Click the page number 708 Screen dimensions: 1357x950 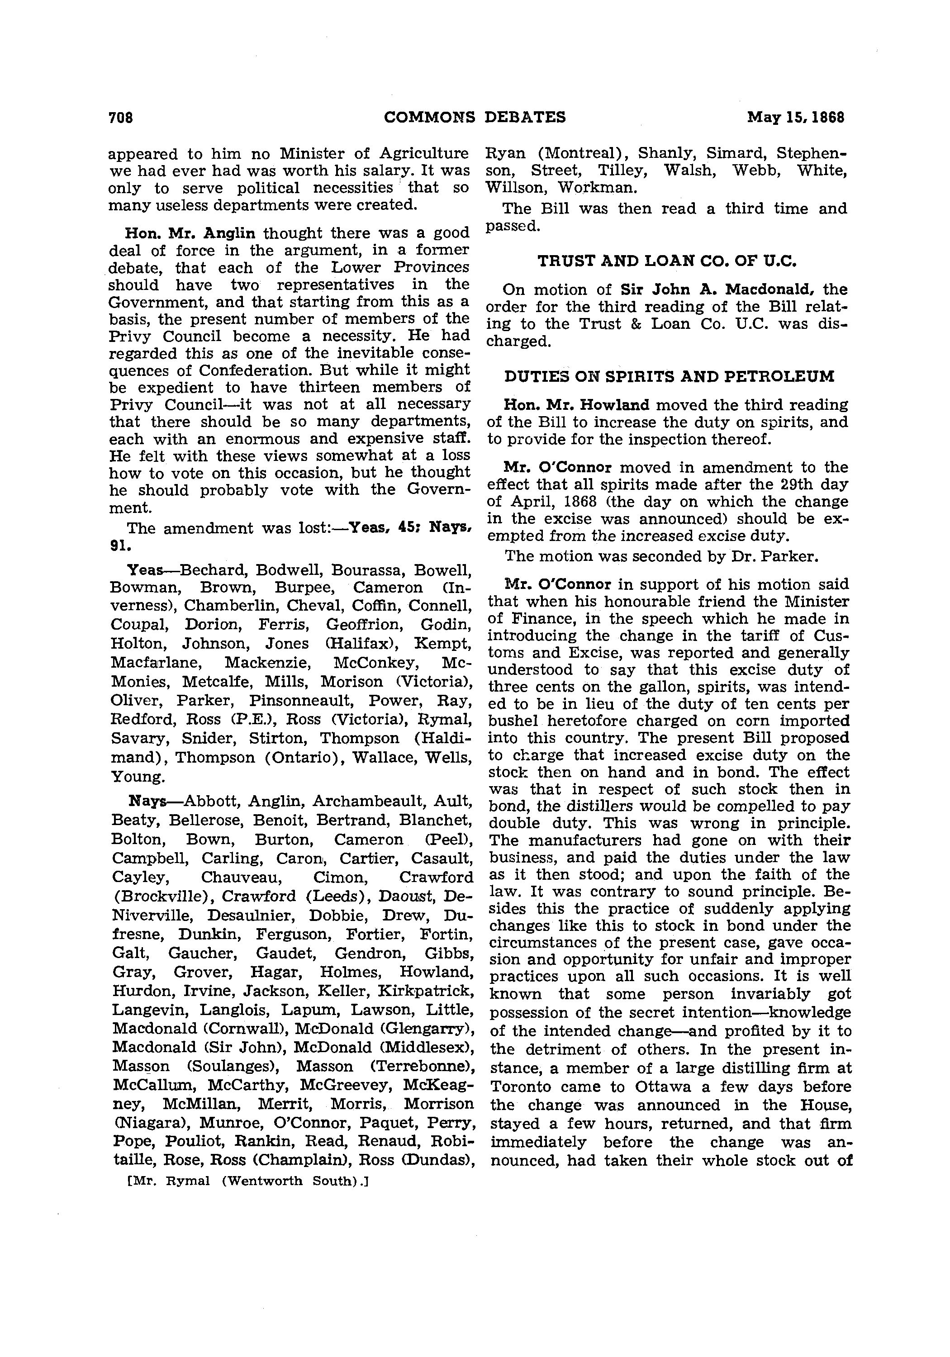point(121,117)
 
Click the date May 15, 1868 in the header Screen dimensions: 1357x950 point(796,117)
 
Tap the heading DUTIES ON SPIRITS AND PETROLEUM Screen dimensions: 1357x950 point(669,376)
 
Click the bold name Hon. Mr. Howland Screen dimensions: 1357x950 point(576,405)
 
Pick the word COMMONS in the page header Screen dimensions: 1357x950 point(429,117)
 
